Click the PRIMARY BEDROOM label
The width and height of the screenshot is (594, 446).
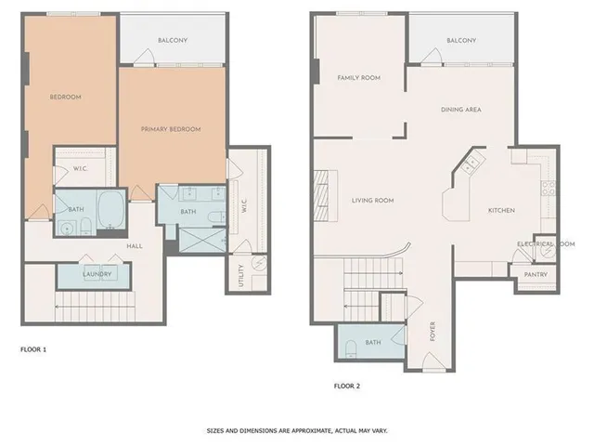tap(171, 129)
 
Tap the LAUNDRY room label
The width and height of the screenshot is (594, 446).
tap(97, 274)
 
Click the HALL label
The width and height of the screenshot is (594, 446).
tap(134, 245)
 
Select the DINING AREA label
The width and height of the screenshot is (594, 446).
tap(460, 110)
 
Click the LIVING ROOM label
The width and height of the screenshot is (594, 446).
tap(372, 200)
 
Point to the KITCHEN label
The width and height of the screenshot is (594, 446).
tap(501, 210)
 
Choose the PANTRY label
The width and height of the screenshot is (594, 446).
tap(536, 274)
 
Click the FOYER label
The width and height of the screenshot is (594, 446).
tap(433, 331)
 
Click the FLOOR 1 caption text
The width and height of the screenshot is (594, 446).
tap(33, 349)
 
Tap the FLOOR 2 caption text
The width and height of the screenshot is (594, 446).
tap(349, 384)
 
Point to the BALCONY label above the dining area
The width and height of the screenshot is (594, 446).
tap(460, 41)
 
